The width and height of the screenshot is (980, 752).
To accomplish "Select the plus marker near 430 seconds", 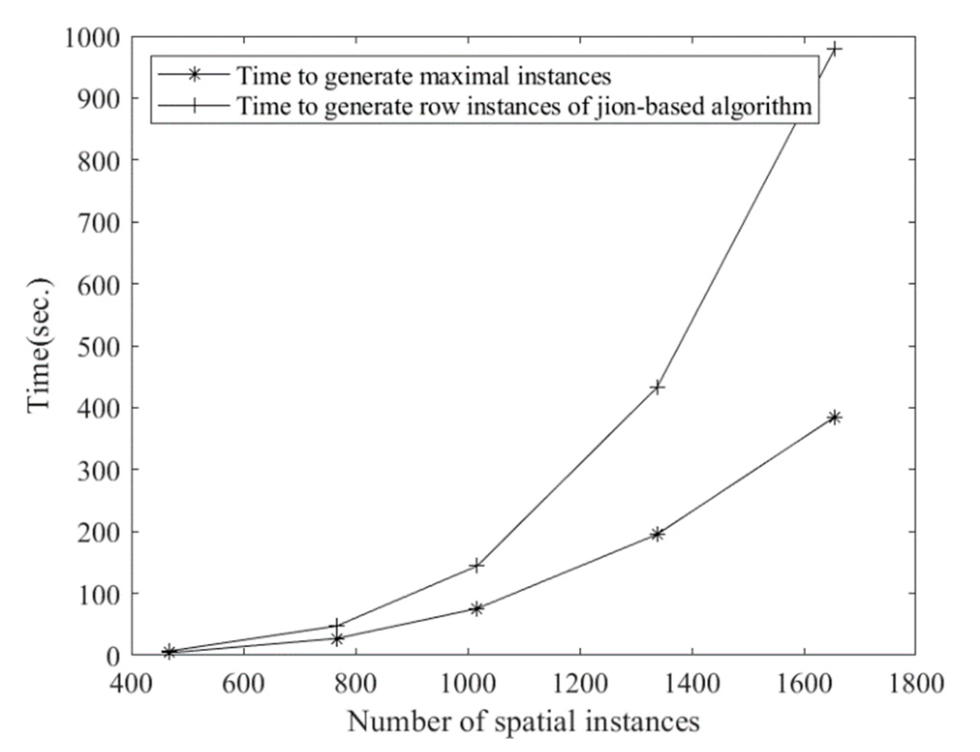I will pyautogui.click(x=657, y=387).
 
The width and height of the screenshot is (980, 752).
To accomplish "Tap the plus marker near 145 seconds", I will pyautogui.click(x=476, y=565).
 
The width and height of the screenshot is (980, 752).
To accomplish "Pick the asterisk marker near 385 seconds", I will pyautogui.click(x=835, y=417).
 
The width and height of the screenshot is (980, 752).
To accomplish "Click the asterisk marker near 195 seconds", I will pyautogui.click(x=657, y=534).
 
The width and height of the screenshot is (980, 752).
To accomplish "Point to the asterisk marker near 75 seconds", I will pyautogui.click(x=476, y=608).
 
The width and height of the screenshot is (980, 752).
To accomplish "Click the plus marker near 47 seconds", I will pyautogui.click(x=338, y=625).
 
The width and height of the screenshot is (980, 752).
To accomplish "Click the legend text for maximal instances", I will pyautogui.click(x=424, y=76).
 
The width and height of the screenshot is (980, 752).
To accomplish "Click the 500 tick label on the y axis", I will pyautogui.click(x=98, y=346).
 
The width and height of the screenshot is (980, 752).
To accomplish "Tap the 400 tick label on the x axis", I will pyautogui.click(x=131, y=683).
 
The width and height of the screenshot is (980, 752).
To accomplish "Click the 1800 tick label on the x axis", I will pyautogui.click(x=915, y=683).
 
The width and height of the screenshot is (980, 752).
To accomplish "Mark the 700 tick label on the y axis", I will pyautogui.click(x=98, y=222).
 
